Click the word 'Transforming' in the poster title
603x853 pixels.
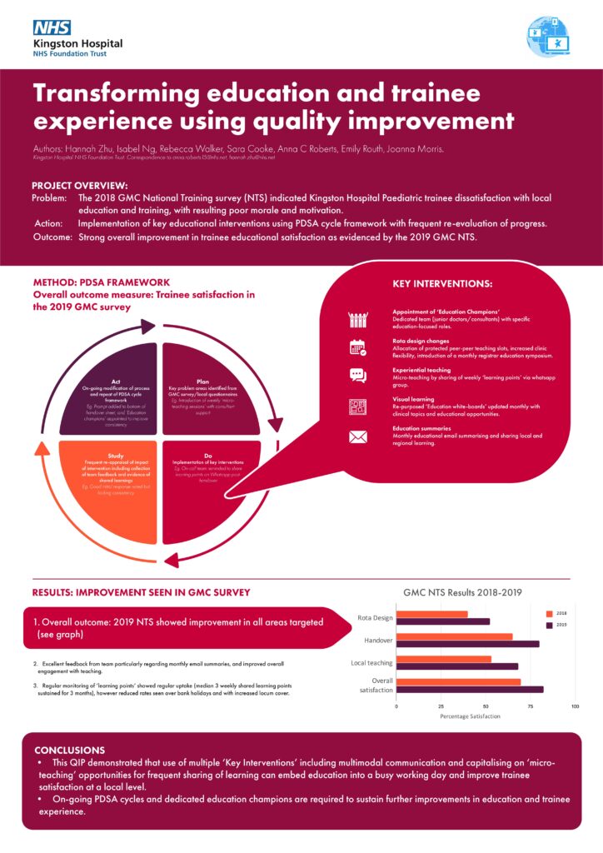pyautogui.click(x=127, y=92)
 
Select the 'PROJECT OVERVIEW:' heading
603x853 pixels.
pyautogui.click(x=80, y=185)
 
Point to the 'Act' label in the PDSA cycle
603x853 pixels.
pyautogui.click(x=116, y=357)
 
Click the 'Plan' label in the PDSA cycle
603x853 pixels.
pyautogui.click(x=202, y=357)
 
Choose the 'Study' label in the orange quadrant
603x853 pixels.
pyautogui.click(x=116, y=456)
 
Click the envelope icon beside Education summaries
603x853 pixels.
pyautogui.click(x=358, y=436)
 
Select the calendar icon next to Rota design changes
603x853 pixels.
pyautogui.click(x=358, y=347)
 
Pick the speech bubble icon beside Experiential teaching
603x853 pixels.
pyautogui.click(x=358, y=375)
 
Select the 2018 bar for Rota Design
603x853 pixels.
pyautogui.click(x=431, y=614)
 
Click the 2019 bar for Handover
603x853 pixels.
pyautogui.click(x=467, y=644)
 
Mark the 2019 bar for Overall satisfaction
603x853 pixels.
pyautogui.click(x=470, y=689)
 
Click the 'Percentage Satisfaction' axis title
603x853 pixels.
pyautogui.click(x=471, y=716)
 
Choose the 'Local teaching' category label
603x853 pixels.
pyautogui.click(x=371, y=663)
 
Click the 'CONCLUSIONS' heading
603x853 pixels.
pyautogui.click(x=70, y=750)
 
